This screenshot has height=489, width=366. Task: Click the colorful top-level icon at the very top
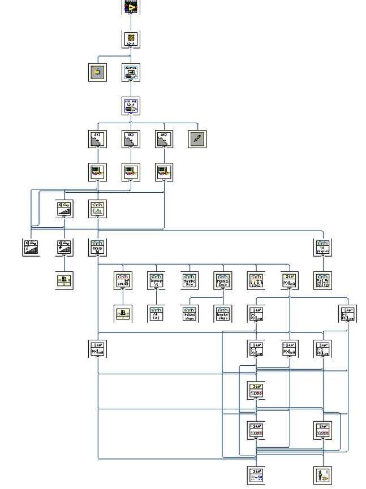pos(131,6)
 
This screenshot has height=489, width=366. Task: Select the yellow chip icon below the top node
pos(131,39)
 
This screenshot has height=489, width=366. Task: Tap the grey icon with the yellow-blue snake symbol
pos(97,72)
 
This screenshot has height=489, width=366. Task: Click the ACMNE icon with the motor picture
pos(131,72)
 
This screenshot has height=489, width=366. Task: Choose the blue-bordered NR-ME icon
pos(131,106)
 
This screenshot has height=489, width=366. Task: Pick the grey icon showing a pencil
pos(197,139)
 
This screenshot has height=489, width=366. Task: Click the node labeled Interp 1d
pos(97,248)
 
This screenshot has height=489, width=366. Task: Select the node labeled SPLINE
pos(123,280)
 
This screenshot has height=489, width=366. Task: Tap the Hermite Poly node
pos(190,280)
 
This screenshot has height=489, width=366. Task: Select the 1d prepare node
pos(322,248)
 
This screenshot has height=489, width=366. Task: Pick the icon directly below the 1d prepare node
pos(322,280)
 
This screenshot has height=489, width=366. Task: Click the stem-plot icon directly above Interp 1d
pos(97,209)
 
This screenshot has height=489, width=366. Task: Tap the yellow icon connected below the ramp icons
pos(64,280)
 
